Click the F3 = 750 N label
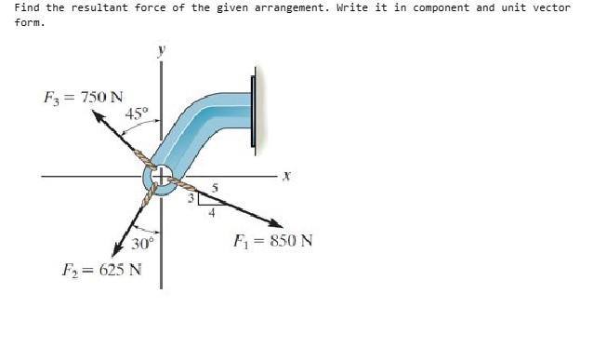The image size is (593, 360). click(x=84, y=97)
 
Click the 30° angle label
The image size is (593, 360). click(x=142, y=245)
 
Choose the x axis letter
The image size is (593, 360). click(x=287, y=175)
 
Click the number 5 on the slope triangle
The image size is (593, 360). click(x=215, y=188)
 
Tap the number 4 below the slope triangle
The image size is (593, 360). click(x=211, y=212)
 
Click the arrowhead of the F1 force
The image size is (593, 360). click(x=277, y=223)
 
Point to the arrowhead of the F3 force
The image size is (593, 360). click(x=97, y=115)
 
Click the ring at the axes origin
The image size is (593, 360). click(x=162, y=176)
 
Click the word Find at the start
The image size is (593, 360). click(x=28, y=7)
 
